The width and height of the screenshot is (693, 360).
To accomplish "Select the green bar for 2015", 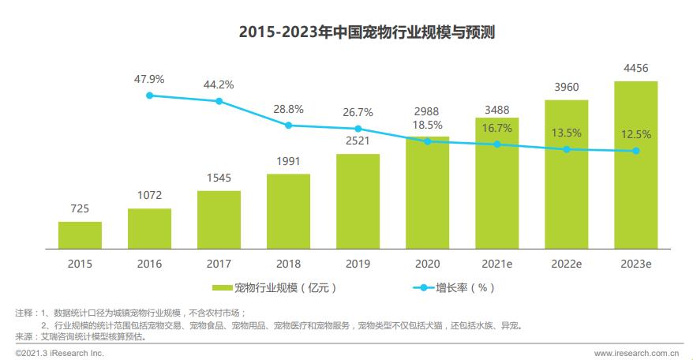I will point(80,234).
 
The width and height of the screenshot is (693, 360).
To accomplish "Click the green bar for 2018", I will point(288,210).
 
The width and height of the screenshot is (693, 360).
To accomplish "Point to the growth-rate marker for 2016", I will point(149,96).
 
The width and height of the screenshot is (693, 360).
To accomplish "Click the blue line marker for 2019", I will point(358,129).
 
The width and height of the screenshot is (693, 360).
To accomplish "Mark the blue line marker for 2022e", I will point(566,149).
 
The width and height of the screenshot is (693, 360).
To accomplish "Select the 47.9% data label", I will point(149,79).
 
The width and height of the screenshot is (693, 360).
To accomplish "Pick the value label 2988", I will point(427,110).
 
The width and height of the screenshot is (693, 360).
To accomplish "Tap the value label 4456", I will point(635,69).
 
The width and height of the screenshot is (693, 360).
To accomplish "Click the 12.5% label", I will point(635,133).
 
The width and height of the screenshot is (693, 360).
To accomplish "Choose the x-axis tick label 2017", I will point(219,263).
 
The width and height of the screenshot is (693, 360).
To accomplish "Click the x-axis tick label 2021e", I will point(496,263).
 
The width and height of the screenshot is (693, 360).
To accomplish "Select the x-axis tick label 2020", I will point(427,263).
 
